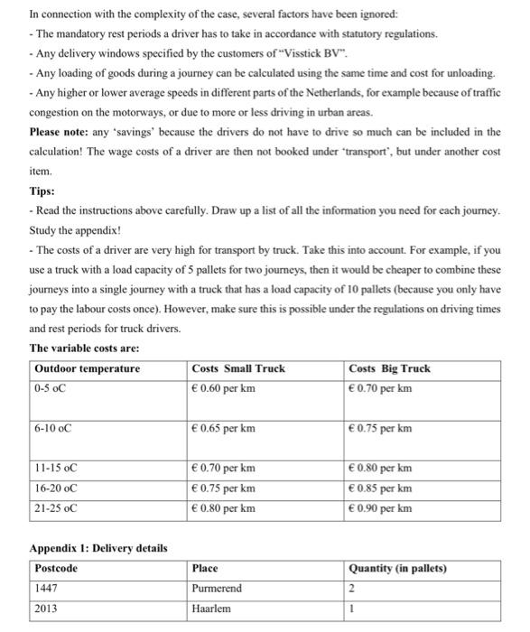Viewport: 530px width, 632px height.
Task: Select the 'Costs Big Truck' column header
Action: [389, 368]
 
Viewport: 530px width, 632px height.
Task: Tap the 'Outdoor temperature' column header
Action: [87, 368]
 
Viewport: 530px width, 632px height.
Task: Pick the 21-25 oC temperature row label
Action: [56, 508]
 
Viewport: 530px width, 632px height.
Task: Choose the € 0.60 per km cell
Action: [223, 388]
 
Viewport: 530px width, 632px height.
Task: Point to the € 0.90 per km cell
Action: [380, 508]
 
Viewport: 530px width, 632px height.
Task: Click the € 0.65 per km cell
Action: [223, 428]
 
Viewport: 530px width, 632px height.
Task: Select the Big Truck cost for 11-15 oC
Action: [380, 469]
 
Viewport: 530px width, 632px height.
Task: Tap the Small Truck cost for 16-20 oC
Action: [223, 488]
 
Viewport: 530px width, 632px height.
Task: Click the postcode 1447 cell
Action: [45, 589]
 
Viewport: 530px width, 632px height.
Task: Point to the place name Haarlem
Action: [212, 609]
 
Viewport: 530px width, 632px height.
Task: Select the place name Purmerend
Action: [218, 589]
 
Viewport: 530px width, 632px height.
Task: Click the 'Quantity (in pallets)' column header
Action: [396, 569]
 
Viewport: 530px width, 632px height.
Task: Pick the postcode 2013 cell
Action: [45, 609]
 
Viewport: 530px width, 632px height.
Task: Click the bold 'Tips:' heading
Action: [42, 191]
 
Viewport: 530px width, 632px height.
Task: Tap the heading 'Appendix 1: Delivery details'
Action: [98, 548]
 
